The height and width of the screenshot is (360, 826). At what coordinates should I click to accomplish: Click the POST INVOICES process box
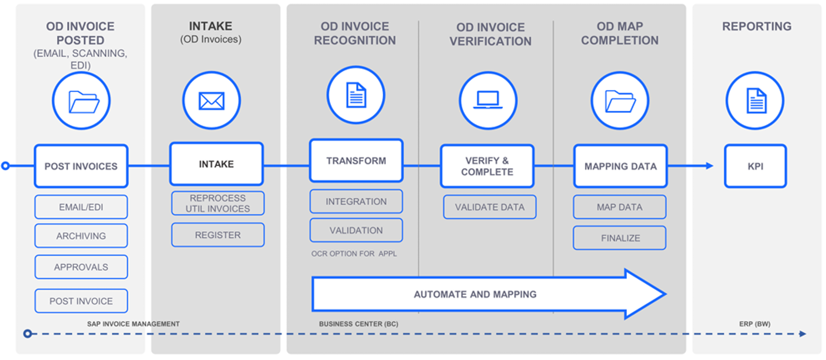tap(81, 166)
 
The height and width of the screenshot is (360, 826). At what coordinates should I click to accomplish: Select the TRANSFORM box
tap(356, 161)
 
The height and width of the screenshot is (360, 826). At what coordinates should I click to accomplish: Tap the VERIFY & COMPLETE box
tap(487, 166)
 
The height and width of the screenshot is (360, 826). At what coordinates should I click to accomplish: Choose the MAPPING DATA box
tap(620, 166)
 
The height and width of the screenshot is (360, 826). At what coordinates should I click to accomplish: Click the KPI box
tap(755, 166)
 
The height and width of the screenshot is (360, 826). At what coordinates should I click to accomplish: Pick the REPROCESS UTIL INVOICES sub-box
tap(218, 203)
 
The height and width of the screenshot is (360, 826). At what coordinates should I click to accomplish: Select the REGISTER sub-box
tap(218, 235)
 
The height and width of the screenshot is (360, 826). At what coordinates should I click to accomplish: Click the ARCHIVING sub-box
tap(81, 236)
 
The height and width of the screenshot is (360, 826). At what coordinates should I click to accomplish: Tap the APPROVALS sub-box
tap(81, 267)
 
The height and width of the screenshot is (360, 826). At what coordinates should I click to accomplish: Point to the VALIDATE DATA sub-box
tap(490, 207)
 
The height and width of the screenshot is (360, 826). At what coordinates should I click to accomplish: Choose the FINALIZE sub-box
tap(620, 238)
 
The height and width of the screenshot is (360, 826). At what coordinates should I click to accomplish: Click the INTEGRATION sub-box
tap(356, 202)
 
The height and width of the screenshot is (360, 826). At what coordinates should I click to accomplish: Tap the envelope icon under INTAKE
tap(212, 101)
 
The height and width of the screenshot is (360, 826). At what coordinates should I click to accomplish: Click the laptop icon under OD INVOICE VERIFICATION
tap(488, 100)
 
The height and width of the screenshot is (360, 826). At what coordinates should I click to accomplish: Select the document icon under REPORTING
tap(756, 101)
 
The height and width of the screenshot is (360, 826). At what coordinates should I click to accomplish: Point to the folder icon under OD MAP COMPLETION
tap(620, 101)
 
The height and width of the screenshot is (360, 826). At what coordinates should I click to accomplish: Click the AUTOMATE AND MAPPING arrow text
tap(475, 294)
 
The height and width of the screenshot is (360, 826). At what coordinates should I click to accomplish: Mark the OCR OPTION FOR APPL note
tap(354, 254)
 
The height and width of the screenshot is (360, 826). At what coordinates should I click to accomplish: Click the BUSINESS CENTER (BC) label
tap(359, 324)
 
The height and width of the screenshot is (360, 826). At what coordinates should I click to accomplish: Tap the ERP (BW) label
tap(755, 324)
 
